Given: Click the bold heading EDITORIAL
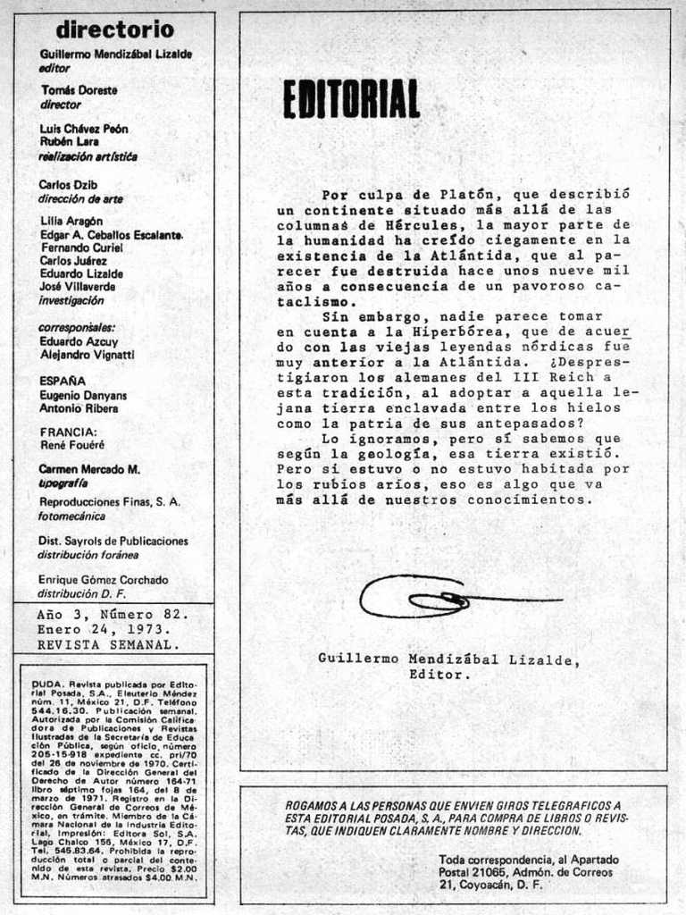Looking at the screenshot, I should point(351,99).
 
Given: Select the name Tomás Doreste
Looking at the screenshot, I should point(79,90).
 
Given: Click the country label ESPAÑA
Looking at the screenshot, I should point(63,381).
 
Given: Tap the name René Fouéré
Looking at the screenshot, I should point(72,444).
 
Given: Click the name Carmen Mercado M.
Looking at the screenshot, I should point(89,469).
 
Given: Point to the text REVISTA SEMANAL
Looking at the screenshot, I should point(107,644).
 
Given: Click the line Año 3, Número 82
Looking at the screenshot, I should point(113,615).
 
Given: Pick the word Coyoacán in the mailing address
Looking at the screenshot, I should point(489,885).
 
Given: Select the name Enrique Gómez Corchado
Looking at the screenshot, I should point(103,580).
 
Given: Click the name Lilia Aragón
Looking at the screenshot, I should point(72,221).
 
